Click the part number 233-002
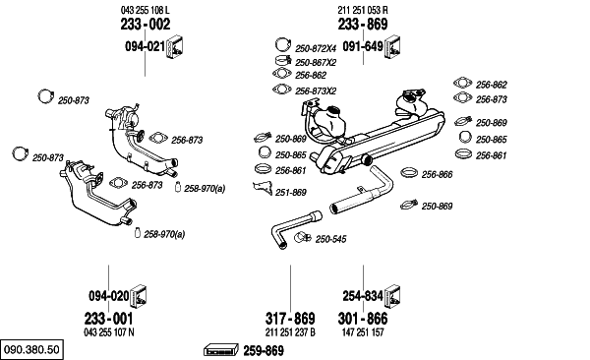click(x=146, y=25)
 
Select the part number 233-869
click(x=363, y=25)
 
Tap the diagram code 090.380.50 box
click(x=31, y=349)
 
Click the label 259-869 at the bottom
click(x=264, y=351)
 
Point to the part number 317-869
click(x=290, y=319)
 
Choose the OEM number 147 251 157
click(x=363, y=332)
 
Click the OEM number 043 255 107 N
click(x=109, y=332)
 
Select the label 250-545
click(x=330, y=239)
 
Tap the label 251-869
click(x=291, y=193)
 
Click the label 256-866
click(x=437, y=175)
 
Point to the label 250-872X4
click(x=316, y=48)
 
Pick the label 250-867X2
click(x=316, y=63)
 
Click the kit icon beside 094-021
click(x=175, y=47)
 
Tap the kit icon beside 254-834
click(x=392, y=296)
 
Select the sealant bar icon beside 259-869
click(x=221, y=350)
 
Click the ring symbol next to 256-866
click(x=409, y=172)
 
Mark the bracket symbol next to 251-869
click(x=264, y=188)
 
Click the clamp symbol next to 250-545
click(x=302, y=237)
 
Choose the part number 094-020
click(x=109, y=296)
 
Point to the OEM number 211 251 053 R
click(x=363, y=10)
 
